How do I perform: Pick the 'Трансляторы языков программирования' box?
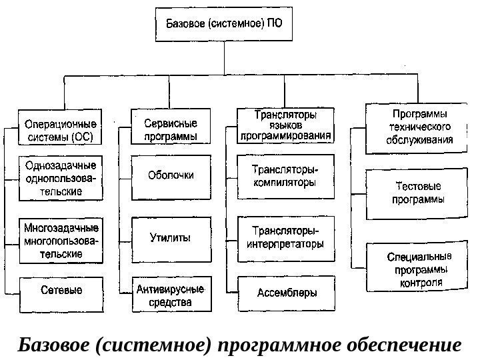tap(285, 126)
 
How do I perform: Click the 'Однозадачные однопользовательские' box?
tap(60, 178)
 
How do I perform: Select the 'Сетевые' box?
tap(61, 291)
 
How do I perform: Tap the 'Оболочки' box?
tap(171, 177)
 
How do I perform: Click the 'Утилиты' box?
tap(171, 237)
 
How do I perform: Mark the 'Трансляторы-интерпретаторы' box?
tap(285, 237)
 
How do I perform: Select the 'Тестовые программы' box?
tap(417, 194)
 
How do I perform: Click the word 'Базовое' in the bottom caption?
tap(55, 345)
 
